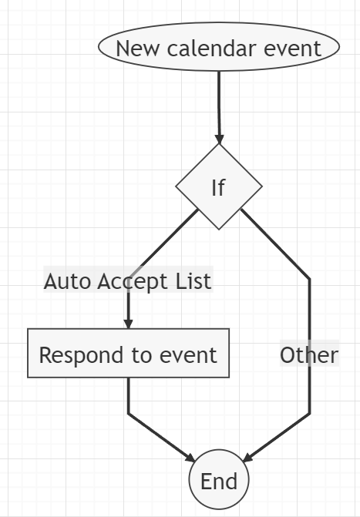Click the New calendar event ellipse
click(x=219, y=46)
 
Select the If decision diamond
click(x=219, y=186)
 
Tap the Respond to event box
click(x=129, y=353)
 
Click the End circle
click(x=219, y=479)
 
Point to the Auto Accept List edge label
click(x=128, y=281)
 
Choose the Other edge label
click(x=309, y=354)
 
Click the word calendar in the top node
click(x=212, y=48)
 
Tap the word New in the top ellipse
click(x=137, y=49)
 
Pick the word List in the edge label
click(x=193, y=281)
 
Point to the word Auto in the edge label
click(x=67, y=281)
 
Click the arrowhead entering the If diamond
click(x=219, y=139)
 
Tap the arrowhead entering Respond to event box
click(x=129, y=324)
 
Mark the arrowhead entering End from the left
click(x=190, y=458)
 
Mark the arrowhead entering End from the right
click(x=247, y=458)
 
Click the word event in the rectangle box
click(x=188, y=355)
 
